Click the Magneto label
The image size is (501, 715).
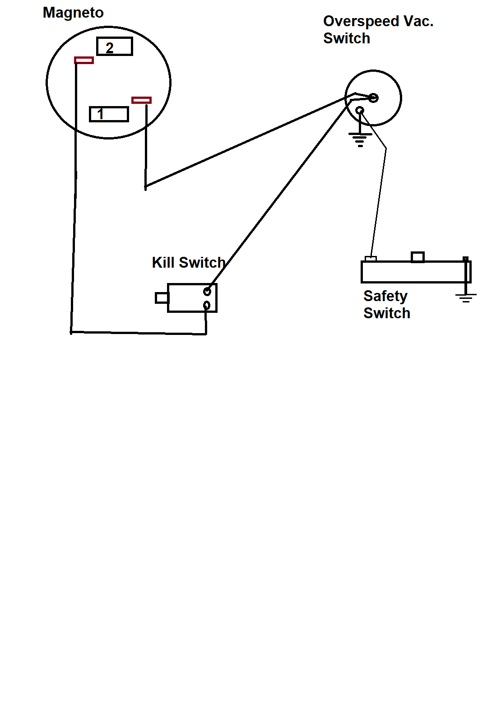73,13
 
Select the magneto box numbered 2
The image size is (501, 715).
115,46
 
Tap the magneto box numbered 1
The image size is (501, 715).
109,114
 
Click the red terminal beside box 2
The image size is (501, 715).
84,60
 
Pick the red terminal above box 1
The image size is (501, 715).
141,100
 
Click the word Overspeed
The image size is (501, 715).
361,21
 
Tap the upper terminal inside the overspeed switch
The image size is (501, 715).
374,97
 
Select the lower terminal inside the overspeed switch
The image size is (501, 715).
360,110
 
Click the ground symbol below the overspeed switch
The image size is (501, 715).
360,139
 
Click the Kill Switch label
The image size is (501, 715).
189,263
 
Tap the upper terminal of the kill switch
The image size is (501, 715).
207,291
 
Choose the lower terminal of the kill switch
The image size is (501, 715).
207,306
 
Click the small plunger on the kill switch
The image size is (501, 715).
162,298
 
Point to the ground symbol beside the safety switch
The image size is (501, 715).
466,297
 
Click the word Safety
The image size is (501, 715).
385,296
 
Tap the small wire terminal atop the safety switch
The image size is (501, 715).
371,259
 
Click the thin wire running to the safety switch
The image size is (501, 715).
379,199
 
